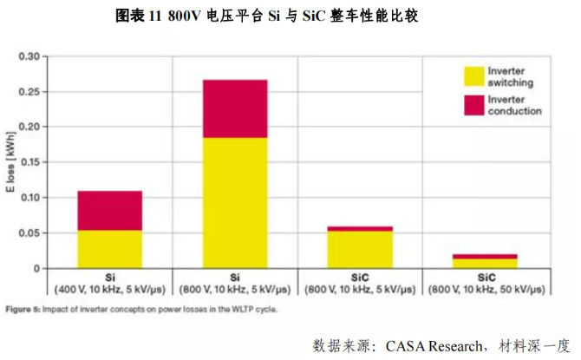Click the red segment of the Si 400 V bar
click(109, 210)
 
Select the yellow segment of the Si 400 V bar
click(109, 249)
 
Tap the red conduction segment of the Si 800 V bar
click(235, 108)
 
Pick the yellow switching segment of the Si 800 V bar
click(235, 203)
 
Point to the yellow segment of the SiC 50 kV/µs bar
click(486, 263)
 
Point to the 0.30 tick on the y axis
click(29, 56)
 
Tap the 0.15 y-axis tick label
click(29, 162)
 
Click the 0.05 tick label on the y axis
click(29, 233)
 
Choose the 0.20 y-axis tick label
click(29, 127)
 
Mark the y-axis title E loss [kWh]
click(10, 162)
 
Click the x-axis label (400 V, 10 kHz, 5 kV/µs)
click(109, 287)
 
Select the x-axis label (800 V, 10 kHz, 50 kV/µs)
click(486, 287)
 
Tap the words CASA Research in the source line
click(415, 345)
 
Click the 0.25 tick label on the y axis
click(29, 92)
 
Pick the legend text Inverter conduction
click(514, 105)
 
